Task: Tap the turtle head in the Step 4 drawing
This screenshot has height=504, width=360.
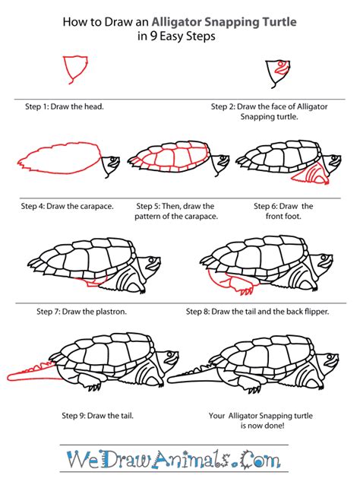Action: tap(111, 163)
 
